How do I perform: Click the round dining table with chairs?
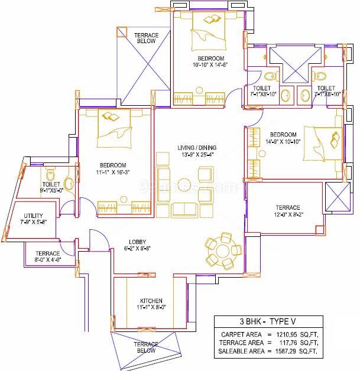tap(223, 251)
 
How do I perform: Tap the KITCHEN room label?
tap(151, 301)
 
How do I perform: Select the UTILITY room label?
tap(33, 216)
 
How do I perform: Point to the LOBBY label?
tap(137, 242)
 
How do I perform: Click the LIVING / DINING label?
tap(197, 148)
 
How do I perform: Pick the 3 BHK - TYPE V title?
tap(268, 321)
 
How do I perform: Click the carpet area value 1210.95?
tap(287, 334)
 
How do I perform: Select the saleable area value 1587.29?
tap(286, 351)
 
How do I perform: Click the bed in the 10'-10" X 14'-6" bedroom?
tap(209, 31)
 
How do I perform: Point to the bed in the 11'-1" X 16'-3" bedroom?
tap(114, 128)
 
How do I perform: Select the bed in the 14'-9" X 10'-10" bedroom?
tap(323, 144)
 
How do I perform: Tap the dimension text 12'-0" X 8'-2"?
tap(288, 214)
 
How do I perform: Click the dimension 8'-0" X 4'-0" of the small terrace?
tap(48, 259)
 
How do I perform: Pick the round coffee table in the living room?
tap(184, 184)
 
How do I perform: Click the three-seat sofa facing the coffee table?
tap(163, 185)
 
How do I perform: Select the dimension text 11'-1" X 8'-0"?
tap(151, 307)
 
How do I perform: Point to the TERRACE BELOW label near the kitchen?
tap(146, 347)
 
